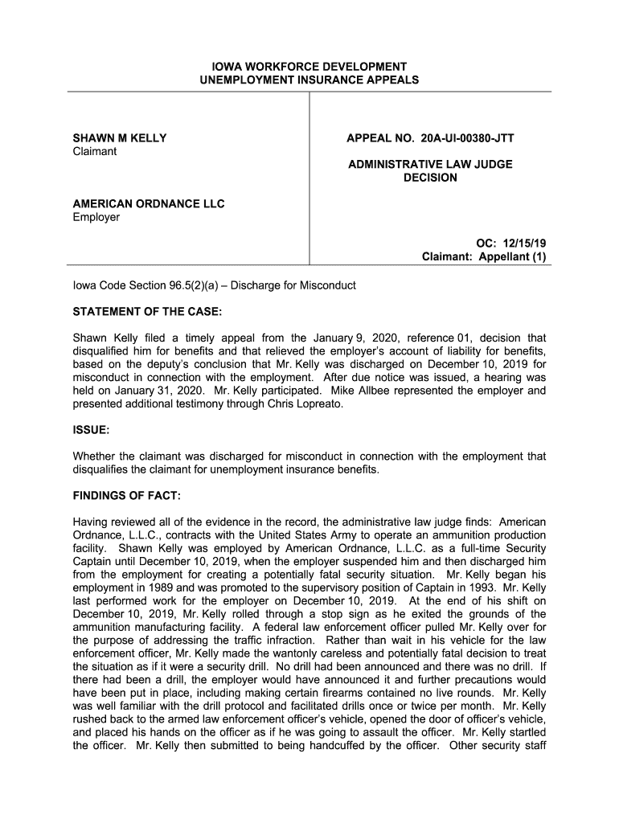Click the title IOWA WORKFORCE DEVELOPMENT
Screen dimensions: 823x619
309,66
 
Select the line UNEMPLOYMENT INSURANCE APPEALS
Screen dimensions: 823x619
309,80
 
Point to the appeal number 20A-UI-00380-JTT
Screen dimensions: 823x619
467,138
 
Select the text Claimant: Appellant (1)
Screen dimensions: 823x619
484,257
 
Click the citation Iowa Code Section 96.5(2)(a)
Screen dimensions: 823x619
142,286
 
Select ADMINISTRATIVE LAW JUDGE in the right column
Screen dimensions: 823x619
430,165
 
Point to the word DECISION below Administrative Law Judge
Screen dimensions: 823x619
430,178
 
